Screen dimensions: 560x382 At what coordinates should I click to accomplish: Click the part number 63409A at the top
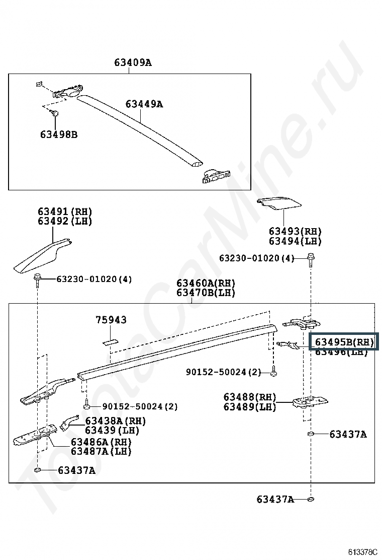[x=133, y=63]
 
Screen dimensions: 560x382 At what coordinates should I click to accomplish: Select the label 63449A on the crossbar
[x=144, y=104]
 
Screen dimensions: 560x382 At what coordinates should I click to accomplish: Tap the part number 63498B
[x=59, y=134]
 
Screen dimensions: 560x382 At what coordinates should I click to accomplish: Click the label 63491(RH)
[x=65, y=212]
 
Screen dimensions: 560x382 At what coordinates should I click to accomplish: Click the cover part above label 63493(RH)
[x=279, y=203]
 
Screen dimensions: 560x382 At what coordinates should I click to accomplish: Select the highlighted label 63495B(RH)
[x=344, y=342]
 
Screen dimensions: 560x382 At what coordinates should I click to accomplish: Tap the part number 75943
[x=111, y=320]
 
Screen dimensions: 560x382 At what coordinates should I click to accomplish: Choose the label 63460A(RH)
[x=206, y=283]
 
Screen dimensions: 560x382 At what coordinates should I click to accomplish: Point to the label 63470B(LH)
[x=206, y=293]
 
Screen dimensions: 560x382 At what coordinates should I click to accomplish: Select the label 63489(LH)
[x=250, y=407]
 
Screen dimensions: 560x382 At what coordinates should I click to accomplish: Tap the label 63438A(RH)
[x=115, y=421]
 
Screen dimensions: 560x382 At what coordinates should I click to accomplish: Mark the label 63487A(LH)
[x=101, y=451]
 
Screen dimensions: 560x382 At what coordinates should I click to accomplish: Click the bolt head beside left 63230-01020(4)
[x=38, y=277]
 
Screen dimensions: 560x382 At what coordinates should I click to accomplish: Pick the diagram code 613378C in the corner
[x=362, y=552]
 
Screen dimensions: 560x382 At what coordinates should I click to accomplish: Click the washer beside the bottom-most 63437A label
[x=310, y=499]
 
